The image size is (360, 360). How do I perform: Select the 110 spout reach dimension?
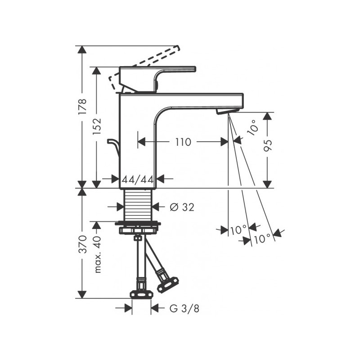click(x=183, y=142)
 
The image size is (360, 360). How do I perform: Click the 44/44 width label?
click(x=137, y=179)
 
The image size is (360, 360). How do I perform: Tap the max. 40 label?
click(x=98, y=255)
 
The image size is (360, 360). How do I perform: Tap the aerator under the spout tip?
click(x=227, y=110)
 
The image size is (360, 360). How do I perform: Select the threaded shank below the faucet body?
click(x=138, y=205)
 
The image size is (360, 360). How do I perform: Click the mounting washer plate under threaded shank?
click(x=138, y=223)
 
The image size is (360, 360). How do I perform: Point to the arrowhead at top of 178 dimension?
click(x=82, y=49)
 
